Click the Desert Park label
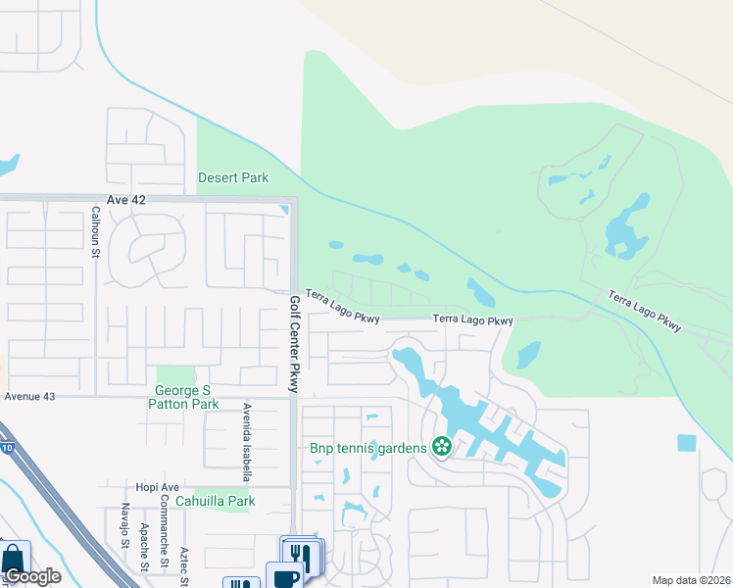click(233, 177)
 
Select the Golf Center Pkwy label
click(293, 344)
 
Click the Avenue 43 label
click(30, 396)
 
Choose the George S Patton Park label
click(185, 396)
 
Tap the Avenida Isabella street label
click(248, 442)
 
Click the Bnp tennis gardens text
click(367, 448)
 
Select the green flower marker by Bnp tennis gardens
click(442, 448)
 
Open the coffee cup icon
click(284, 576)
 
